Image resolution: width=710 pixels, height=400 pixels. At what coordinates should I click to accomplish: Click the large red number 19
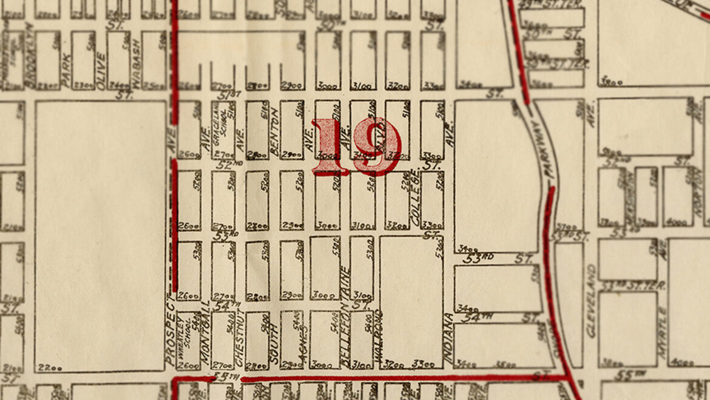(356, 146)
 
